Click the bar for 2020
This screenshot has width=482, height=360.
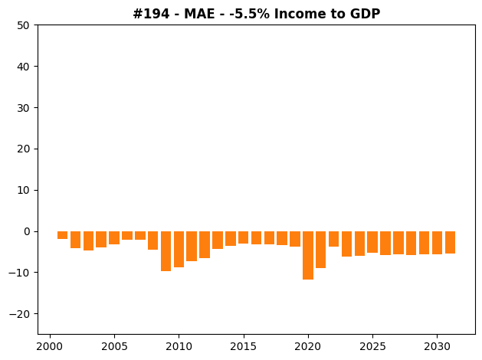[308, 255]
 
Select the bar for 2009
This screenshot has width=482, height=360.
[166, 251]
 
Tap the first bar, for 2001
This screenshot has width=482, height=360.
[62, 235]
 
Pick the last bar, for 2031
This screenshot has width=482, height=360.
[450, 242]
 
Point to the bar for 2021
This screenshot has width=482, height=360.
[320, 250]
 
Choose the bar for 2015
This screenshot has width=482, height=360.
[243, 237]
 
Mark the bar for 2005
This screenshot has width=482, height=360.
[114, 237]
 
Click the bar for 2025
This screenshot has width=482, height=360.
[372, 242]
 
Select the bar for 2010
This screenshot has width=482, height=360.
[179, 249]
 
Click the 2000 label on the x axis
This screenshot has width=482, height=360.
[50, 346]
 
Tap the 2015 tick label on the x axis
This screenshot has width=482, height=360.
[243, 346]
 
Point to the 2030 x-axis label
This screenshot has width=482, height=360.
[437, 346]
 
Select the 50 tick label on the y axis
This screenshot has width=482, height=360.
[23, 25]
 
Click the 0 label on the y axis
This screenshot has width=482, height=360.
[27, 231]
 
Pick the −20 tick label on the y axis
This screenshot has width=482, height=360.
[19, 314]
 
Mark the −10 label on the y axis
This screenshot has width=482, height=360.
[19, 273]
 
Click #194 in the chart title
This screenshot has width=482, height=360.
[151, 14]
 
